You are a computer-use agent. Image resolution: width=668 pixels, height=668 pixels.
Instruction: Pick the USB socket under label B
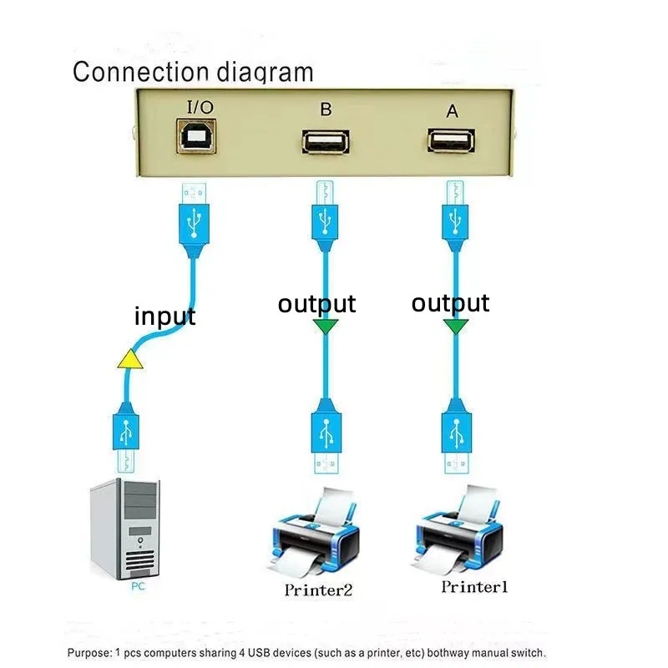pyautogui.click(x=324, y=142)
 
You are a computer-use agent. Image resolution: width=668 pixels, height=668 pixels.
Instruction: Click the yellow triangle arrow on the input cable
pyautogui.click(x=129, y=359)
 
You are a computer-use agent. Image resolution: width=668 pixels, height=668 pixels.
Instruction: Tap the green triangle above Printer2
pyautogui.click(x=325, y=326)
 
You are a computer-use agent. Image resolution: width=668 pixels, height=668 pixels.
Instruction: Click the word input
pyautogui.click(x=164, y=316)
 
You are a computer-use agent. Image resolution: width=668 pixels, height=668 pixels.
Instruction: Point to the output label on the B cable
pyautogui.click(x=316, y=304)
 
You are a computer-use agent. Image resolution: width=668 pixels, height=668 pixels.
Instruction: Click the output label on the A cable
pyautogui.click(x=450, y=302)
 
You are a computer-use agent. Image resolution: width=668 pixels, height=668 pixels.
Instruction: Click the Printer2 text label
pyautogui.click(x=318, y=590)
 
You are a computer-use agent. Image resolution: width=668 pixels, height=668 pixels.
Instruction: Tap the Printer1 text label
pyautogui.click(x=474, y=587)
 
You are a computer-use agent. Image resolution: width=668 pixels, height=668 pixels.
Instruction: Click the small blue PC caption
pyautogui.click(x=138, y=587)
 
